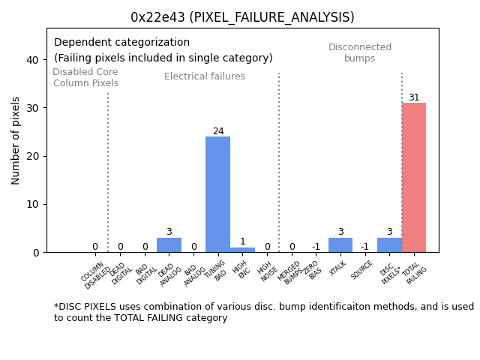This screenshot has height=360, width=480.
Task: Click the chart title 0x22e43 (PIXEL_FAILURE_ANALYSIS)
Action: pos(242,17)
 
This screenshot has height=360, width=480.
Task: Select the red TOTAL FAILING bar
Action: pos(414,177)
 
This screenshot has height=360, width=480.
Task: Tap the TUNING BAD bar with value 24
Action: pos(217,194)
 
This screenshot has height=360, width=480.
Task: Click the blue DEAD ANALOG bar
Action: pos(169,244)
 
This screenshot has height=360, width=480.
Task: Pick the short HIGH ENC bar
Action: pos(242,250)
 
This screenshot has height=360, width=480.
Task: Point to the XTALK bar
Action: pos(340,244)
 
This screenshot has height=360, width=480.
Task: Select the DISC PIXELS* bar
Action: pos(389,244)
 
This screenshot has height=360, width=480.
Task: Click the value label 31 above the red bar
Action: pos(414,97)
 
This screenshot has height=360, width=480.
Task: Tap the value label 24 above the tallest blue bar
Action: pos(218,131)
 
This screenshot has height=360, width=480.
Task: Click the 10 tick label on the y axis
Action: pos(33,204)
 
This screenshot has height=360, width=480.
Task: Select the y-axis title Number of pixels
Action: pos(16,140)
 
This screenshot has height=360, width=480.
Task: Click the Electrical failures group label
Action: pos(205,76)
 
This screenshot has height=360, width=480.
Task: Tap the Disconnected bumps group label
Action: pos(360,52)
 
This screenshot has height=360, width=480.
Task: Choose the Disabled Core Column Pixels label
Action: pos(85,77)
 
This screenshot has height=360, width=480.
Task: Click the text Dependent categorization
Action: pos(121,43)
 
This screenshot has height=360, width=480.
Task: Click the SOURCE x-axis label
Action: pos(363,273)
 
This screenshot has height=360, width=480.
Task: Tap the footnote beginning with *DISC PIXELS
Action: pos(263,312)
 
